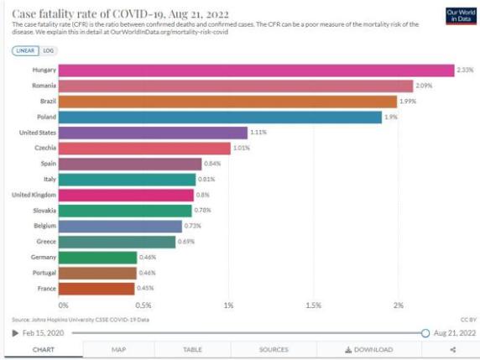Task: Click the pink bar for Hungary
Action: (256, 70)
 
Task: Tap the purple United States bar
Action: (153, 133)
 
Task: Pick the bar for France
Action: (97, 289)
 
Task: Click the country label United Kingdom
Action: (34, 195)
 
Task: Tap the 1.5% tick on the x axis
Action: (314, 305)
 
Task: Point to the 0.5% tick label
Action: (144, 305)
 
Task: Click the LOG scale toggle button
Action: (48, 50)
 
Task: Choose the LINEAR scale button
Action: (25, 50)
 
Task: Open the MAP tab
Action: (119, 349)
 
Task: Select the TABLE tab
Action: (192, 349)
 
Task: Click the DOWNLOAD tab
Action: (368, 349)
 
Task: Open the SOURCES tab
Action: (274, 349)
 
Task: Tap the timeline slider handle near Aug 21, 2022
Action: (425, 333)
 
